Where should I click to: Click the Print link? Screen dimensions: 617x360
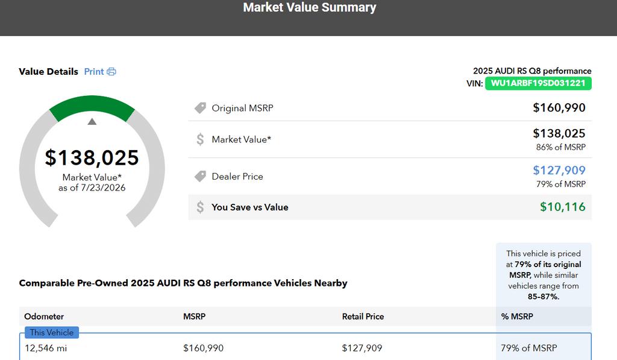coord(94,72)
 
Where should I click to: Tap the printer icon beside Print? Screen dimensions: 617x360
coord(111,72)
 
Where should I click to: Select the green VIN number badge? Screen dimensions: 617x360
coord(538,83)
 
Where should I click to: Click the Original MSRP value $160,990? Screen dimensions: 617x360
coord(559,107)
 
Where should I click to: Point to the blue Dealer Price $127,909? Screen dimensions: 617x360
coord(559,170)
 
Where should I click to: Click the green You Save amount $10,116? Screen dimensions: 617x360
coord(563,207)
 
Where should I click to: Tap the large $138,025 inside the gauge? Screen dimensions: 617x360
coord(92,157)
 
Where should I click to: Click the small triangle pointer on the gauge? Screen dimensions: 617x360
coord(92,121)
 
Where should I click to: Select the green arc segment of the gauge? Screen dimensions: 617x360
coord(92,103)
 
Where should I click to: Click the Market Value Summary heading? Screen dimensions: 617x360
coord(310,7)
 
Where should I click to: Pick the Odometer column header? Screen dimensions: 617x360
coord(44,316)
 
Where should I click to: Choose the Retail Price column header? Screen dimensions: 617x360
coord(363,316)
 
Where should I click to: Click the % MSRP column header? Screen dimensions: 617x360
coord(517,316)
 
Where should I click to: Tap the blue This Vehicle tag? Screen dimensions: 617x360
coord(52,332)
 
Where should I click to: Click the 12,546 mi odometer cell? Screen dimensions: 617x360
coord(46,348)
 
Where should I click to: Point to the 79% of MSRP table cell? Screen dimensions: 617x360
coord(529,348)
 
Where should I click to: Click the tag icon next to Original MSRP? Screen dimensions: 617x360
coord(200,108)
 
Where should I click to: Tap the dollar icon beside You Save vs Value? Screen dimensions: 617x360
coord(200,207)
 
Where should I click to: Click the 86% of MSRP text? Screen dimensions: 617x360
coord(561,147)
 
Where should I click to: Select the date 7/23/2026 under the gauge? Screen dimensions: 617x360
coord(103,188)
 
